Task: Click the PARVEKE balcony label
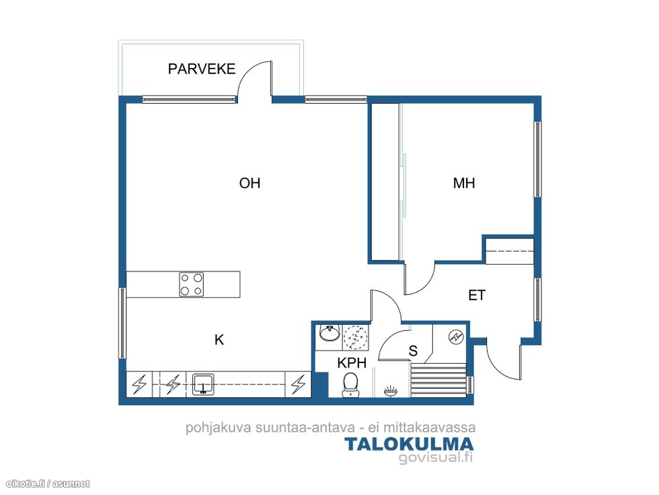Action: pos(201,69)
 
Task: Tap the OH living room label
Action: pos(249,183)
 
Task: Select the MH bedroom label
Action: pos(464,183)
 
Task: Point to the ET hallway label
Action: pos(477,295)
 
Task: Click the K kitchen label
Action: pos(219,339)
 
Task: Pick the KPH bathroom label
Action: pos(352,363)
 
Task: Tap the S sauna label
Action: pos(413,351)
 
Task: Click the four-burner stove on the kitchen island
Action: pos(191,284)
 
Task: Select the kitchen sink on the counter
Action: pos(203,385)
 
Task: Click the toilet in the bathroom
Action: pos(350,385)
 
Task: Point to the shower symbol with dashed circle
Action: pos(356,337)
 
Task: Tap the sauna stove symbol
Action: pos(456,337)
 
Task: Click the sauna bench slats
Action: pos(438,381)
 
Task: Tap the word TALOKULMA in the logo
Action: pos(409,444)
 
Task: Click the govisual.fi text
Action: pos(436,457)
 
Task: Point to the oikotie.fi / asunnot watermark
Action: pos(48,484)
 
